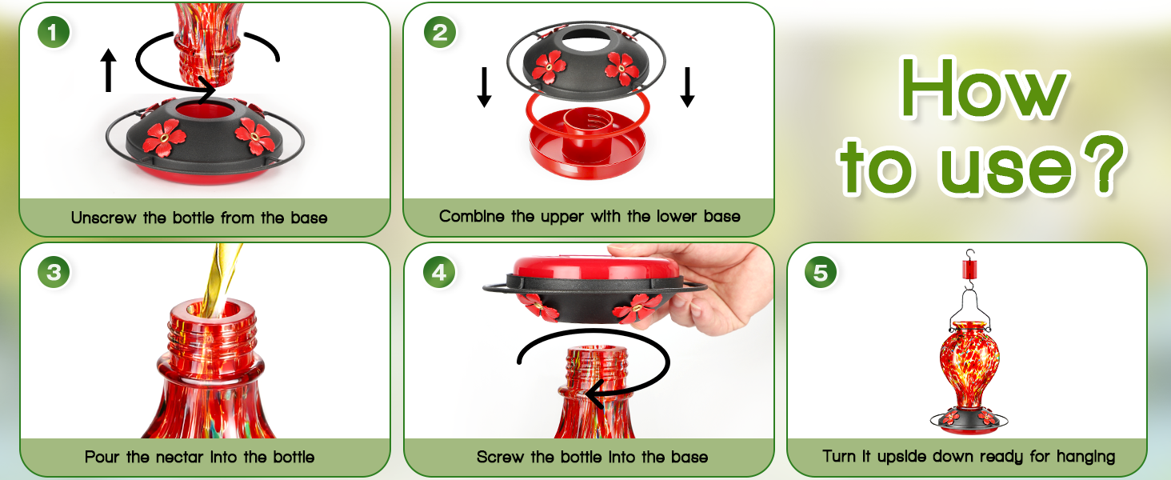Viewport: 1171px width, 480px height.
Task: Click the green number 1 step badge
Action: coord(54,33)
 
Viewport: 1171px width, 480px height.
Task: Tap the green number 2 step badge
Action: coord(439,33)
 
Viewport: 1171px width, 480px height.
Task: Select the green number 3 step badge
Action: coord(54,273)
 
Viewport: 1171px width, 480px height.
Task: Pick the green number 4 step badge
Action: coord(439,273)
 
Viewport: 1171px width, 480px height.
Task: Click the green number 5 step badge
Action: coord(821,273)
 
